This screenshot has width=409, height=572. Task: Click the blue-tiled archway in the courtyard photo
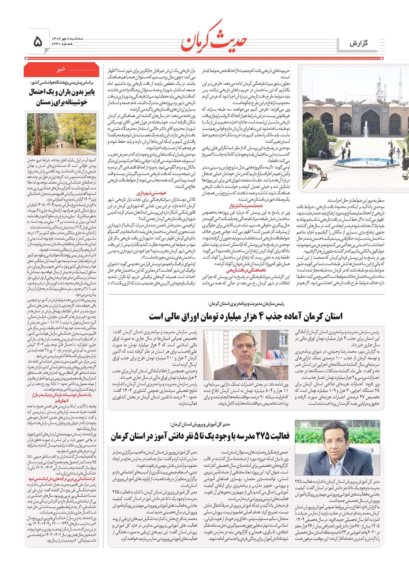coord(370,123)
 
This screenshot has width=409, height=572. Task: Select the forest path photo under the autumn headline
coord(61,134)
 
